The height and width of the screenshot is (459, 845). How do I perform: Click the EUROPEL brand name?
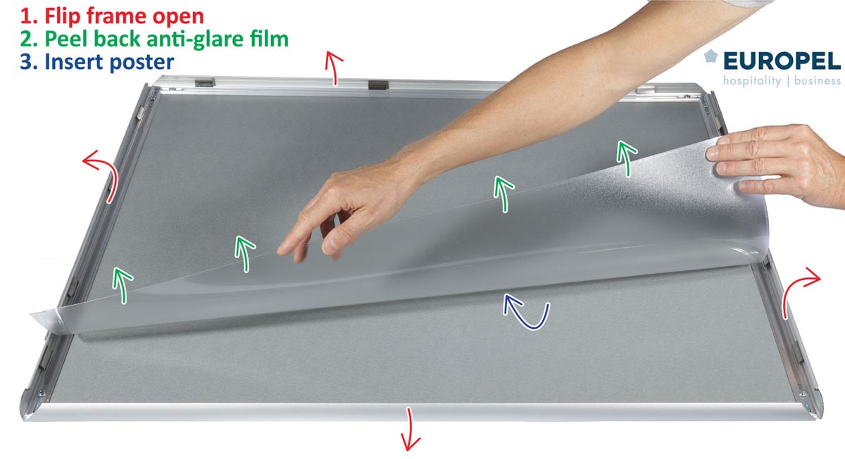tap(782, 61)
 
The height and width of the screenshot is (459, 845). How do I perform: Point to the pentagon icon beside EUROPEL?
tap(711, 56)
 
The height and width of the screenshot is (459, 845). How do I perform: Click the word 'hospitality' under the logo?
tap(752, 81)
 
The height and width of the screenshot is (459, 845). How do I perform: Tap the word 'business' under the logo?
tap(817, 80)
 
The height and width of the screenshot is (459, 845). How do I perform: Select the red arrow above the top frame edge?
tap(334, 68)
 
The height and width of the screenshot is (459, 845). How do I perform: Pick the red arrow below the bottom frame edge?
tap(410, 429)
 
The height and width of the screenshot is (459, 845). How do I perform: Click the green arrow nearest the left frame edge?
tap(123, 284)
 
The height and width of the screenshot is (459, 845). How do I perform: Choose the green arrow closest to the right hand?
tap(626, 158)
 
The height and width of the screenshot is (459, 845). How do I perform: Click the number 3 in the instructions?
tap(26, 62)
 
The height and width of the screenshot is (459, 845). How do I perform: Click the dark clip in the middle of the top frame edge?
tap(378, 85)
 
